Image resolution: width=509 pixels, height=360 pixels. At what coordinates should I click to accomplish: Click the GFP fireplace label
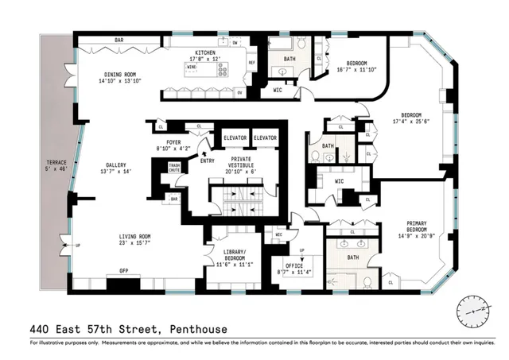(124, 271)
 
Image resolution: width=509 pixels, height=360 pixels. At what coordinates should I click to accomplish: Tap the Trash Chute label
(174, 169)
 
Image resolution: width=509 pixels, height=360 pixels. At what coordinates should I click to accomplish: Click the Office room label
(290, 268)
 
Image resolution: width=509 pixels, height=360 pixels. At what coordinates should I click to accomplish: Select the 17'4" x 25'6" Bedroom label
(414, 118)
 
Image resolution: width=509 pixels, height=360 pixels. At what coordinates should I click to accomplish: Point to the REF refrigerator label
(252, 63)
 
